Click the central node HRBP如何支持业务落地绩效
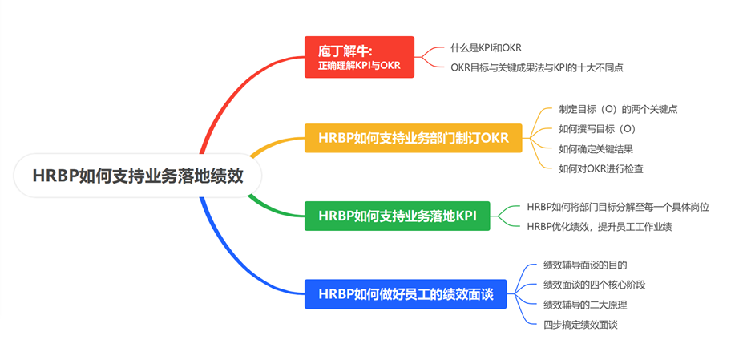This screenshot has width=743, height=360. pyautogui.click(x=138, y=176)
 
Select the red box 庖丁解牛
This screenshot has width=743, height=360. pyautogui.click(x=359, y=57)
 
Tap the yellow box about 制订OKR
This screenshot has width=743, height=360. pyautogui.click(x=414, y=137)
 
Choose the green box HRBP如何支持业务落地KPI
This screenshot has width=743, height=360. pyautogui.click(x=397, y=216)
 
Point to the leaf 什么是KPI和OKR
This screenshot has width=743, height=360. pyautogui.click(x=486, y=48)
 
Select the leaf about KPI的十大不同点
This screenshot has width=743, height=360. pyautogui.click(x=536, y=68)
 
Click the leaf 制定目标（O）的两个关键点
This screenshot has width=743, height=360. pyautogui.click(x=612, y=109)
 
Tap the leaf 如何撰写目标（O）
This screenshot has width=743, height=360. pyautogui.click(x=597, y=129)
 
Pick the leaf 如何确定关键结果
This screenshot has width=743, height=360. pyautogui.click(x=596, y=149)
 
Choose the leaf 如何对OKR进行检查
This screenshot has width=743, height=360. pyautogui.click(x=600, y=169)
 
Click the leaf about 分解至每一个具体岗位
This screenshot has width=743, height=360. pyautogui.click(x=617, y=207)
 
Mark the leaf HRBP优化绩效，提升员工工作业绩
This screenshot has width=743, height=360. pyautogui.click(x=598, y=227)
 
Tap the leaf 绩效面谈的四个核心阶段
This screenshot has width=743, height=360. pyautogui.click(x=594, y=285)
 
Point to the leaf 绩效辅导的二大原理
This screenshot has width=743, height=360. pyautogui.click(x=584, y=305)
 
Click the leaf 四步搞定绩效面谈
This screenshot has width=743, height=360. pyautogui.click(x=580, y=325)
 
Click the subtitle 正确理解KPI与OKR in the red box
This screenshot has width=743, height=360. pyautogui.click(x=359, y=65)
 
